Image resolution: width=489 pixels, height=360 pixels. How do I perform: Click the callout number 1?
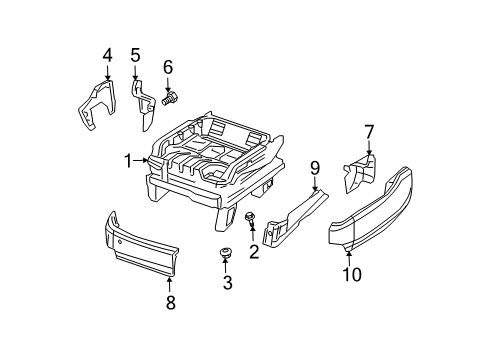tap(127, 161)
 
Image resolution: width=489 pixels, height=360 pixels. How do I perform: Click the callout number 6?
tap(168, 67)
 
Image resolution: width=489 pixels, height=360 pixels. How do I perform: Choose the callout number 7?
tap(368, 131)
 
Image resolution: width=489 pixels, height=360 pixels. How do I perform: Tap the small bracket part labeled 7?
tap(360, 171)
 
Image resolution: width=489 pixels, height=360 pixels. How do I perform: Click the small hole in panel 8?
tap(120, 241)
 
